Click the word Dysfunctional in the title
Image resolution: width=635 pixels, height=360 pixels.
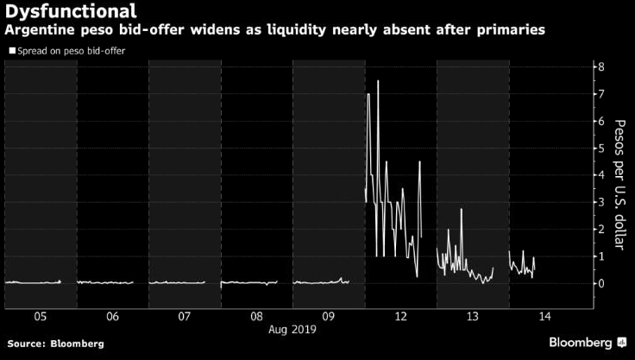70,12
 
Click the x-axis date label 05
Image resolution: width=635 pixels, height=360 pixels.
40,317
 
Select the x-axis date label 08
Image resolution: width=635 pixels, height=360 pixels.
256,317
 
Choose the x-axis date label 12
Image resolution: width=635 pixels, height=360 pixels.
400,317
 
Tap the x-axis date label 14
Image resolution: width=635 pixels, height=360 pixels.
544,317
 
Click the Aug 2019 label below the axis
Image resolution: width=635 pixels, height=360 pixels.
292,329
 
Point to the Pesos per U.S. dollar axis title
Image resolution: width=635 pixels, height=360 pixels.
619,186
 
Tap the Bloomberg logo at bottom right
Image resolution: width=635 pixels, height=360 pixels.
587,343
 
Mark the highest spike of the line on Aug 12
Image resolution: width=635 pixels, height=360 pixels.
378,80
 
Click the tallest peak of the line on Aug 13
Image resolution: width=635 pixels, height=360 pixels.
462,208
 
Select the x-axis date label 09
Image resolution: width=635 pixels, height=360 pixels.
329,317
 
